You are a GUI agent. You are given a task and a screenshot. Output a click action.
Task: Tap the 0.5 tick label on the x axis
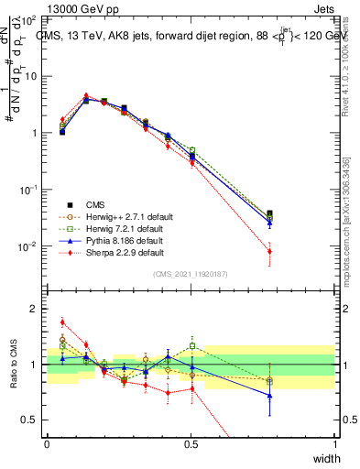(191, 443)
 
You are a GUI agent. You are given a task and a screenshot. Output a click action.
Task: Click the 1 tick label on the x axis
(334, 443)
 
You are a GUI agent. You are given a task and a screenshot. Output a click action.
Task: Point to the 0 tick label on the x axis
(47, 443)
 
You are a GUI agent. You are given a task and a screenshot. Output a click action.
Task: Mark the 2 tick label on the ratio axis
(34, 309)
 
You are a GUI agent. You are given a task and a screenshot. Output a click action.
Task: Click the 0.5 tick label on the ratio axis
(30, 420)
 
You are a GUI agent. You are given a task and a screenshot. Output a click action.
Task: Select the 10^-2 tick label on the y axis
(28, 246)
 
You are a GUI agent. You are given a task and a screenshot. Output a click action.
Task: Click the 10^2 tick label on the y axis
(30, 19)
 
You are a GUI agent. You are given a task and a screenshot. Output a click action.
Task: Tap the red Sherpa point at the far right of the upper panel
(269, 251)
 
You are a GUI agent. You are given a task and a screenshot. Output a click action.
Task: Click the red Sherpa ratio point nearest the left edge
(62, 322)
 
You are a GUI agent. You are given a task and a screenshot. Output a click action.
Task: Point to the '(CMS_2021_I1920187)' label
(191, 274)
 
